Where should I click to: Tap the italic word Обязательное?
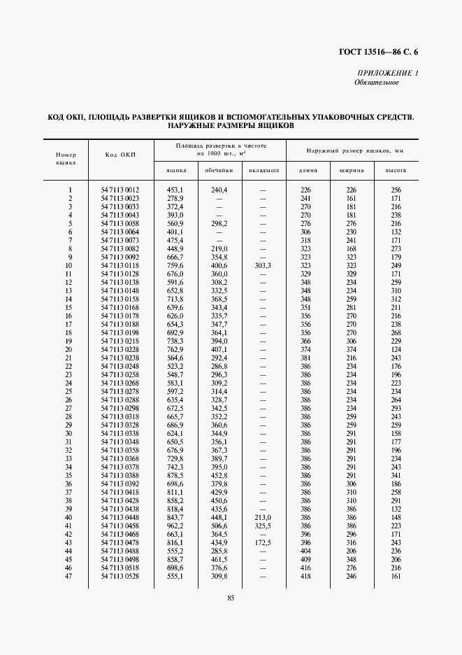coord(377,82)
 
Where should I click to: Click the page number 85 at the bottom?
coord(231,596)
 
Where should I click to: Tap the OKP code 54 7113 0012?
coord(120,190)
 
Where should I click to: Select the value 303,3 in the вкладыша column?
coord(263,266)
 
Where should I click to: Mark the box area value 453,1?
coord(175,190)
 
